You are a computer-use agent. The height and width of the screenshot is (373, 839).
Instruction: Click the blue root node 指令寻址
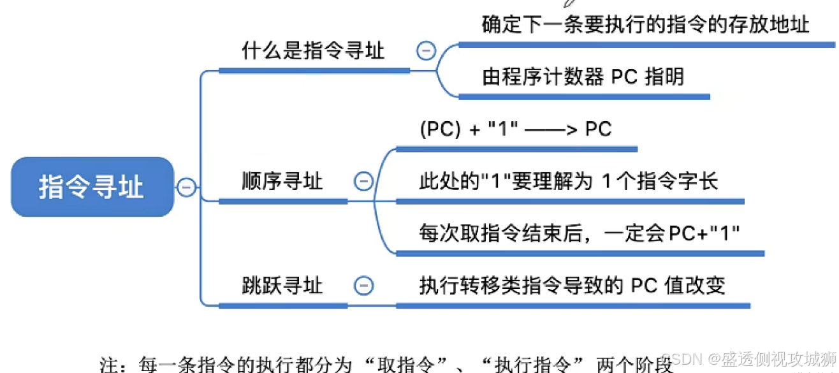pyautogui.click(x=92, y=187)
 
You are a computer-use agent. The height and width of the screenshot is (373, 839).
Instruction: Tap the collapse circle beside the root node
pyautogui.click(x=186, y=187)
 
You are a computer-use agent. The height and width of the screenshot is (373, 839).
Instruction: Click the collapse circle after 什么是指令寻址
pyautogui.click(x=425, y=51)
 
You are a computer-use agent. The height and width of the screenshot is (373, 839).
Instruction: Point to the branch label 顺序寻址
pyautogui.click(x=282, y=182)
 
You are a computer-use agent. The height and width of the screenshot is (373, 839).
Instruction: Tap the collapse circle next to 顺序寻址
pyautogui.click(x=363, y=182)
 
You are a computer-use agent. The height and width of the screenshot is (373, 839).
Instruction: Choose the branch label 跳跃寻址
pyautogui.click(x=282, y=285)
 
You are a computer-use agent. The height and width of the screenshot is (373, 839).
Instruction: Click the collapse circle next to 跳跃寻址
pyautogui.click(x=363, y=285)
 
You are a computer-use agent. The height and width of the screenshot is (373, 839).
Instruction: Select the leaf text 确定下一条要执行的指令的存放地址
pyautogui.click(x=645, y=25)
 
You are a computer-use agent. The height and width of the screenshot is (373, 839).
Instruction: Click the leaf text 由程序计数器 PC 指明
pyautogui.click(x=583, y=77)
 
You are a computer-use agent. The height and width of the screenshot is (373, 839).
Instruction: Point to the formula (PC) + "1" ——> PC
pyautogui.click(x=515, y=129)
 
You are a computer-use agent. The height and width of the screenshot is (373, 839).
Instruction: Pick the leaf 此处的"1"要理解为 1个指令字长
pyautogui.click(x=568, y=182)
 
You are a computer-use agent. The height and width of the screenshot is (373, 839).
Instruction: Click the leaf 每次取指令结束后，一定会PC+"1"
pyautogui.click(x=579, y=233)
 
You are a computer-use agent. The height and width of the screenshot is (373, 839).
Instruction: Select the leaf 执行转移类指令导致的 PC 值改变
pyautogui.click(x=572, y=285)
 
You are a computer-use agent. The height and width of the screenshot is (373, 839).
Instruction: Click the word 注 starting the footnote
pyautogui.click(x=109, y=365)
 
